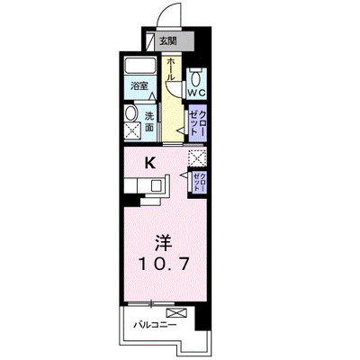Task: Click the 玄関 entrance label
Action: click(167, 40)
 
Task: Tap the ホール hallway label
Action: click(170, 68)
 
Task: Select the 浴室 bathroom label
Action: click(139, 86)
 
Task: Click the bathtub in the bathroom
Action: click(140, 65)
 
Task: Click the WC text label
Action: click(196, 93)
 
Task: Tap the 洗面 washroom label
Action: click(149, 121)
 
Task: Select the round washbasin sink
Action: click(130, 113)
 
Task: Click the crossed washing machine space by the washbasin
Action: click(132, 131)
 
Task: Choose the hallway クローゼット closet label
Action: click(199, 123)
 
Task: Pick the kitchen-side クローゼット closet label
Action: click(200, 182)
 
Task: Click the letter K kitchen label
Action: click(150, 164)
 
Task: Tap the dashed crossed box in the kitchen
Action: click(197, 158)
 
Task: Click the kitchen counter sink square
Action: click(157, 185)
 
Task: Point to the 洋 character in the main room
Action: click(164, 243)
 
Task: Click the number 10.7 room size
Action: click(164, 264)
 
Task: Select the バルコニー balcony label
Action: click(155, 325)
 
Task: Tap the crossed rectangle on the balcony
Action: click(176, 312)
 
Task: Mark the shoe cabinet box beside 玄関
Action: click(149, 41)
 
